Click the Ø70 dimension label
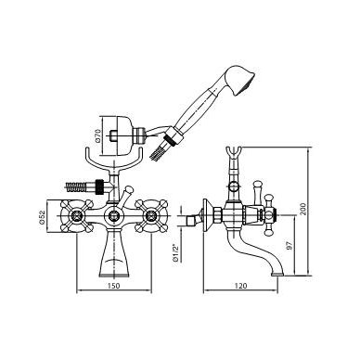[x=96, y=135]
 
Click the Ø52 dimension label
[x=43, y=216]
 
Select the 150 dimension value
[x=113, y=286]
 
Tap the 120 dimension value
[x=240, y=286]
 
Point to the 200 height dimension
[x=302, y=210]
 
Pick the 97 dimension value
[x=289, y=246]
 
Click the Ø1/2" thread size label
[x=176, y=252]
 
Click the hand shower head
[x=240, y=80]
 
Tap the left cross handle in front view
[x=76, y=216]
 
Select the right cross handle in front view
[x=151, y=216]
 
